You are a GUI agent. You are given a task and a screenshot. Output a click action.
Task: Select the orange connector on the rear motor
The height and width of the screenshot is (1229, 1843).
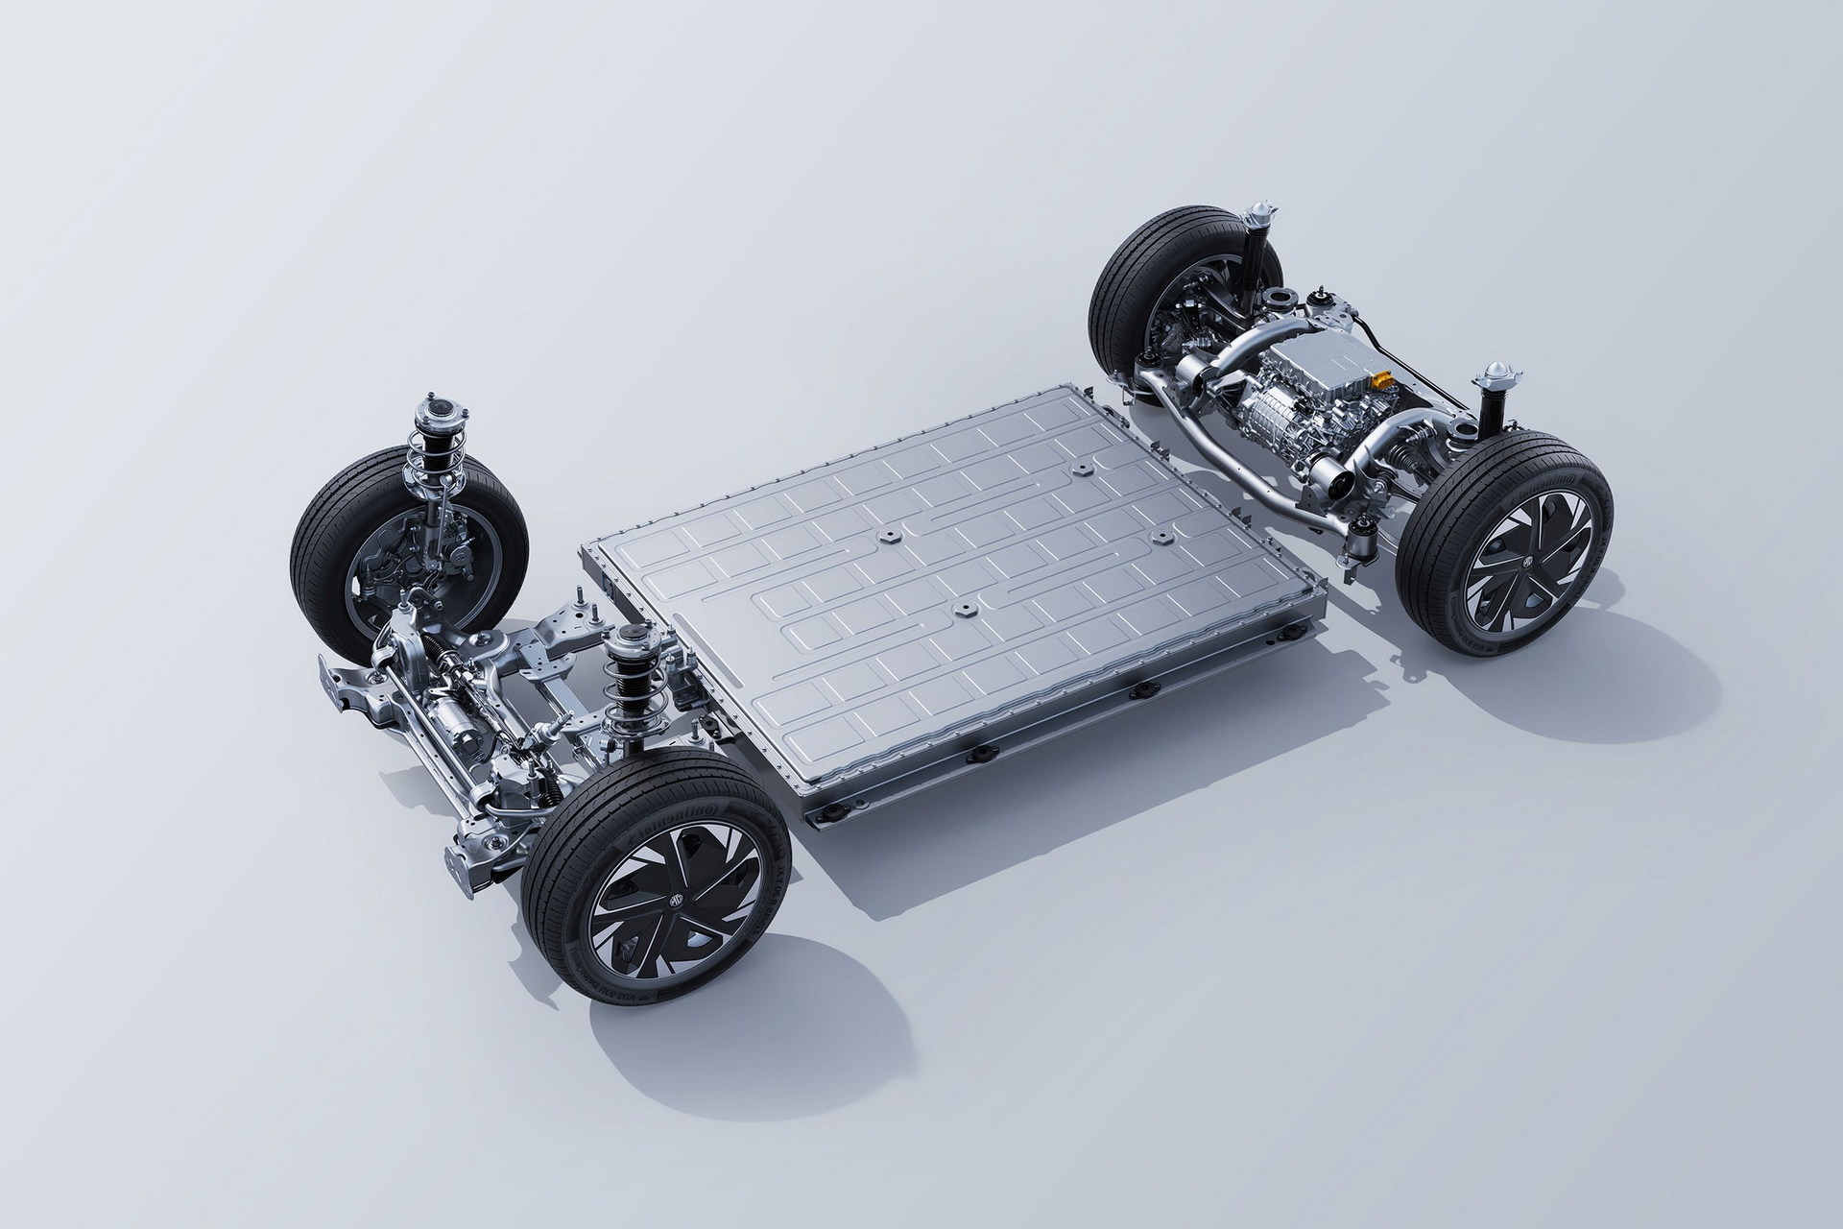pos(1381,383)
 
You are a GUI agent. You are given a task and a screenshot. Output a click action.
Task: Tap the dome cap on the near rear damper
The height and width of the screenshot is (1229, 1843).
pos(1494,373)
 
